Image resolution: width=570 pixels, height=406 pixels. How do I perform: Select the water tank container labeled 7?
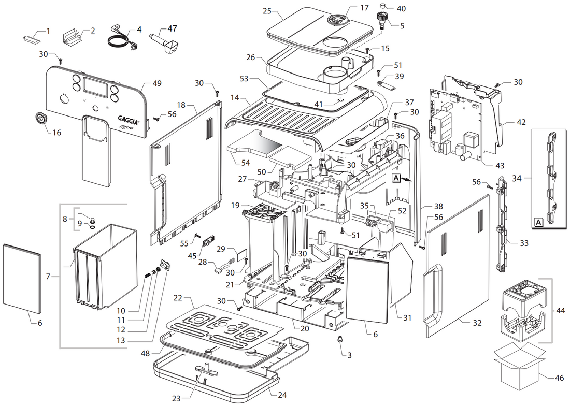pyautogui.click(x=105, y=264)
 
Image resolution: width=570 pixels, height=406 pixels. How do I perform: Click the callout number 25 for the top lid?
pyautogui.click(x=267, y=11)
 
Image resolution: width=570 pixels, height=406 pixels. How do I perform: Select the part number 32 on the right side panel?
pyautogui.click(x=477, y=323)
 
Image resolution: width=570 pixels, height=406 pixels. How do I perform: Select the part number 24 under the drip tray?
pyautogui.click(x=282, y=395)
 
